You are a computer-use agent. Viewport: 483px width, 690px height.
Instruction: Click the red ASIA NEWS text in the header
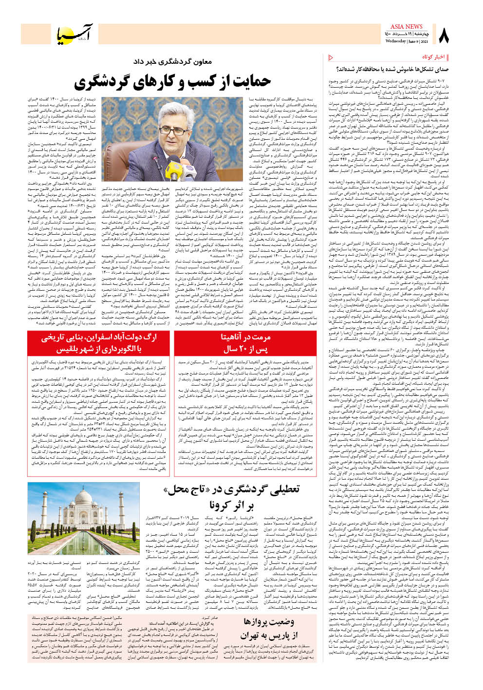click(406, 26)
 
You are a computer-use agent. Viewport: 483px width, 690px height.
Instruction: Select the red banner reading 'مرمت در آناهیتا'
click(245, 336)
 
